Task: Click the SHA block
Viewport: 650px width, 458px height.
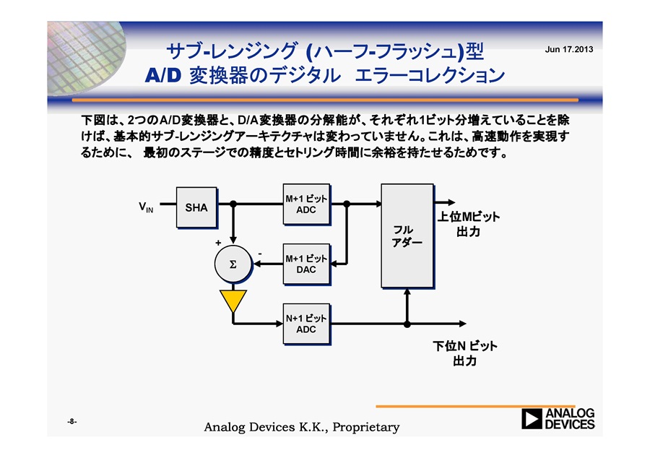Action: point(196,207)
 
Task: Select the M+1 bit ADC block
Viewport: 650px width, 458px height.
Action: point(307,204)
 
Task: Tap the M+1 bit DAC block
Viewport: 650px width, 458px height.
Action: point(307,264)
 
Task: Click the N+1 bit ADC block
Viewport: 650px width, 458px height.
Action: point(307,324)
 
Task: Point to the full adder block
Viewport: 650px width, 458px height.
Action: point(407,236)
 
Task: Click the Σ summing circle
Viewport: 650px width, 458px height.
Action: point(233,264)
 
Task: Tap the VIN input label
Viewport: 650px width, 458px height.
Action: point(146,207)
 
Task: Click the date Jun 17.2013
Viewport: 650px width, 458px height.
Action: point(569,49)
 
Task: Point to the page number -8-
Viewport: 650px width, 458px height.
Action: point(72,422)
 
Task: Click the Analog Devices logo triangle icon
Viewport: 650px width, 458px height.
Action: point(532,418)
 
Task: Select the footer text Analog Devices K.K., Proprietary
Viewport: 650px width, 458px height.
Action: point(302,427)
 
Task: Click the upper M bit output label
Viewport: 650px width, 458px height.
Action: point(469,224)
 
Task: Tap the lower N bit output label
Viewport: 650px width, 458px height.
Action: point(464,353)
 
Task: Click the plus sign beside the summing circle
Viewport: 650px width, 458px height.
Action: point(218,243)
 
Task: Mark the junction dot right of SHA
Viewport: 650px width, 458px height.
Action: point(233,204)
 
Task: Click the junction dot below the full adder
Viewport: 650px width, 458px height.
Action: point(407,324)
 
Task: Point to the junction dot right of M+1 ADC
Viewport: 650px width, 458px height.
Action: point(347,204)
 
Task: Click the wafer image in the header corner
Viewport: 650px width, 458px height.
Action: point(86,58)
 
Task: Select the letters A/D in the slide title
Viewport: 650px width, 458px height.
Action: point(163,75)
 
